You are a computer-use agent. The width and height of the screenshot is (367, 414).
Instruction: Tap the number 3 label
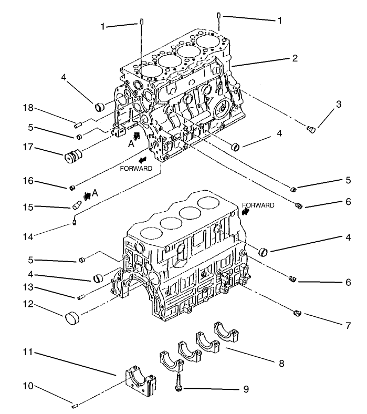pos(339,104)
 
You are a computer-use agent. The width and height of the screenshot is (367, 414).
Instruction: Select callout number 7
pos(348,326)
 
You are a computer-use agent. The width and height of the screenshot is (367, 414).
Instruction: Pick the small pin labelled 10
pos(74,405)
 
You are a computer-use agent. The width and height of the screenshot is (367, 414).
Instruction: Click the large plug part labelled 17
pos(74,157)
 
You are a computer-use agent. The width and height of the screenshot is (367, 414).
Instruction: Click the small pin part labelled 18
pos(77,125)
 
